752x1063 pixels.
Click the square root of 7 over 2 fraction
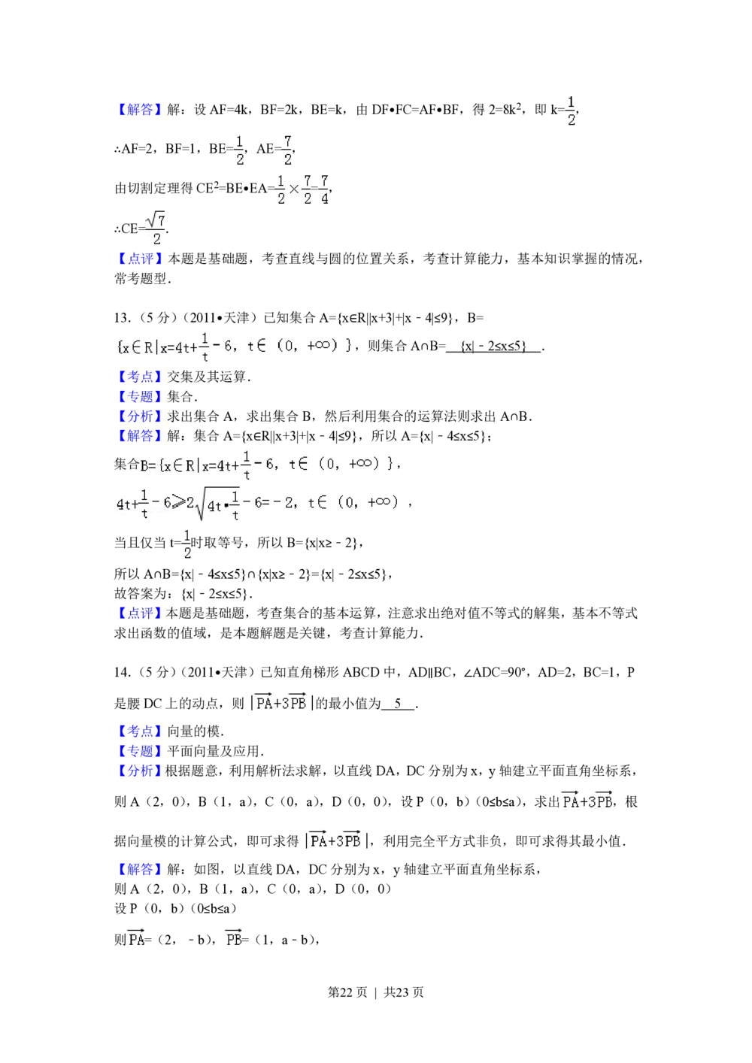156,230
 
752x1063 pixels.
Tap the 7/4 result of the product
324,189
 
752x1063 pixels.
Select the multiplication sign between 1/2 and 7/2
294,189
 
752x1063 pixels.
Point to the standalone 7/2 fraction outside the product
286,150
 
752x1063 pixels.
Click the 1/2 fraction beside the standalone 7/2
238,150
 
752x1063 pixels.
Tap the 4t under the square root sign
214,506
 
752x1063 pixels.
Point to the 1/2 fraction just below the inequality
186,545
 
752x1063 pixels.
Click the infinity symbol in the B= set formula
364,464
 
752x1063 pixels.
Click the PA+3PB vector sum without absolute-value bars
587,801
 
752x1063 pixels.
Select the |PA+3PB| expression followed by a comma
334,840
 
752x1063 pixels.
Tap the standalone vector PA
135,939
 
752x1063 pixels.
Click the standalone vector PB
233,939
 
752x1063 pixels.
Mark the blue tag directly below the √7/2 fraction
139,258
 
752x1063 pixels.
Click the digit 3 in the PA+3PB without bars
591,802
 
